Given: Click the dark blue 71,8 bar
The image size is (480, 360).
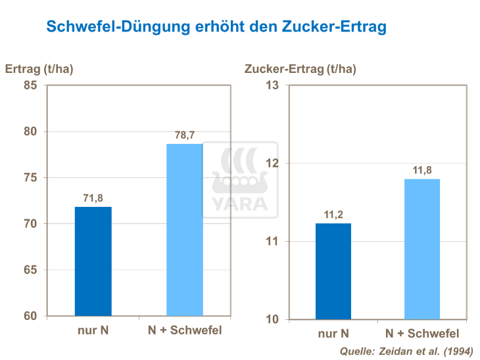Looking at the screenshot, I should (x=93, y=261).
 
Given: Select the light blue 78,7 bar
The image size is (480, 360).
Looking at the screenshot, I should (x=184, y=230).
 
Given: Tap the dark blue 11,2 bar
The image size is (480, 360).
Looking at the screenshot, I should (x=333, y=271).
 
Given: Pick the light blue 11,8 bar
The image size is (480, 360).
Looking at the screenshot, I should (x=421, y=249).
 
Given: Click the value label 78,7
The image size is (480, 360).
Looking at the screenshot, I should (x=185, y=135).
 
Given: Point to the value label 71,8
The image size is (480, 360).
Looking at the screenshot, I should (x=93, y=198).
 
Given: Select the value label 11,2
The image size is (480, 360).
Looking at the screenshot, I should (x=333, y=215).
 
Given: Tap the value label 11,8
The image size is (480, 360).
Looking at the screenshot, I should (x=421, y=170).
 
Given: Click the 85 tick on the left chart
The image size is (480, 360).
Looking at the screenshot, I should (x=30, y=85).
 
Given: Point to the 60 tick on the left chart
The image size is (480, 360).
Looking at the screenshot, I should (x=30, y=316).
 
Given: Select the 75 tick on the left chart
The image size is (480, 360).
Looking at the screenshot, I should (x=30, y=177).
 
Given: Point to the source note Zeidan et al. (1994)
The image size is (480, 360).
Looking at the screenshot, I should (x=406, y=351).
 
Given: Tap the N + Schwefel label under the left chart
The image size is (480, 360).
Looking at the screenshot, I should (x=185, y=330).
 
